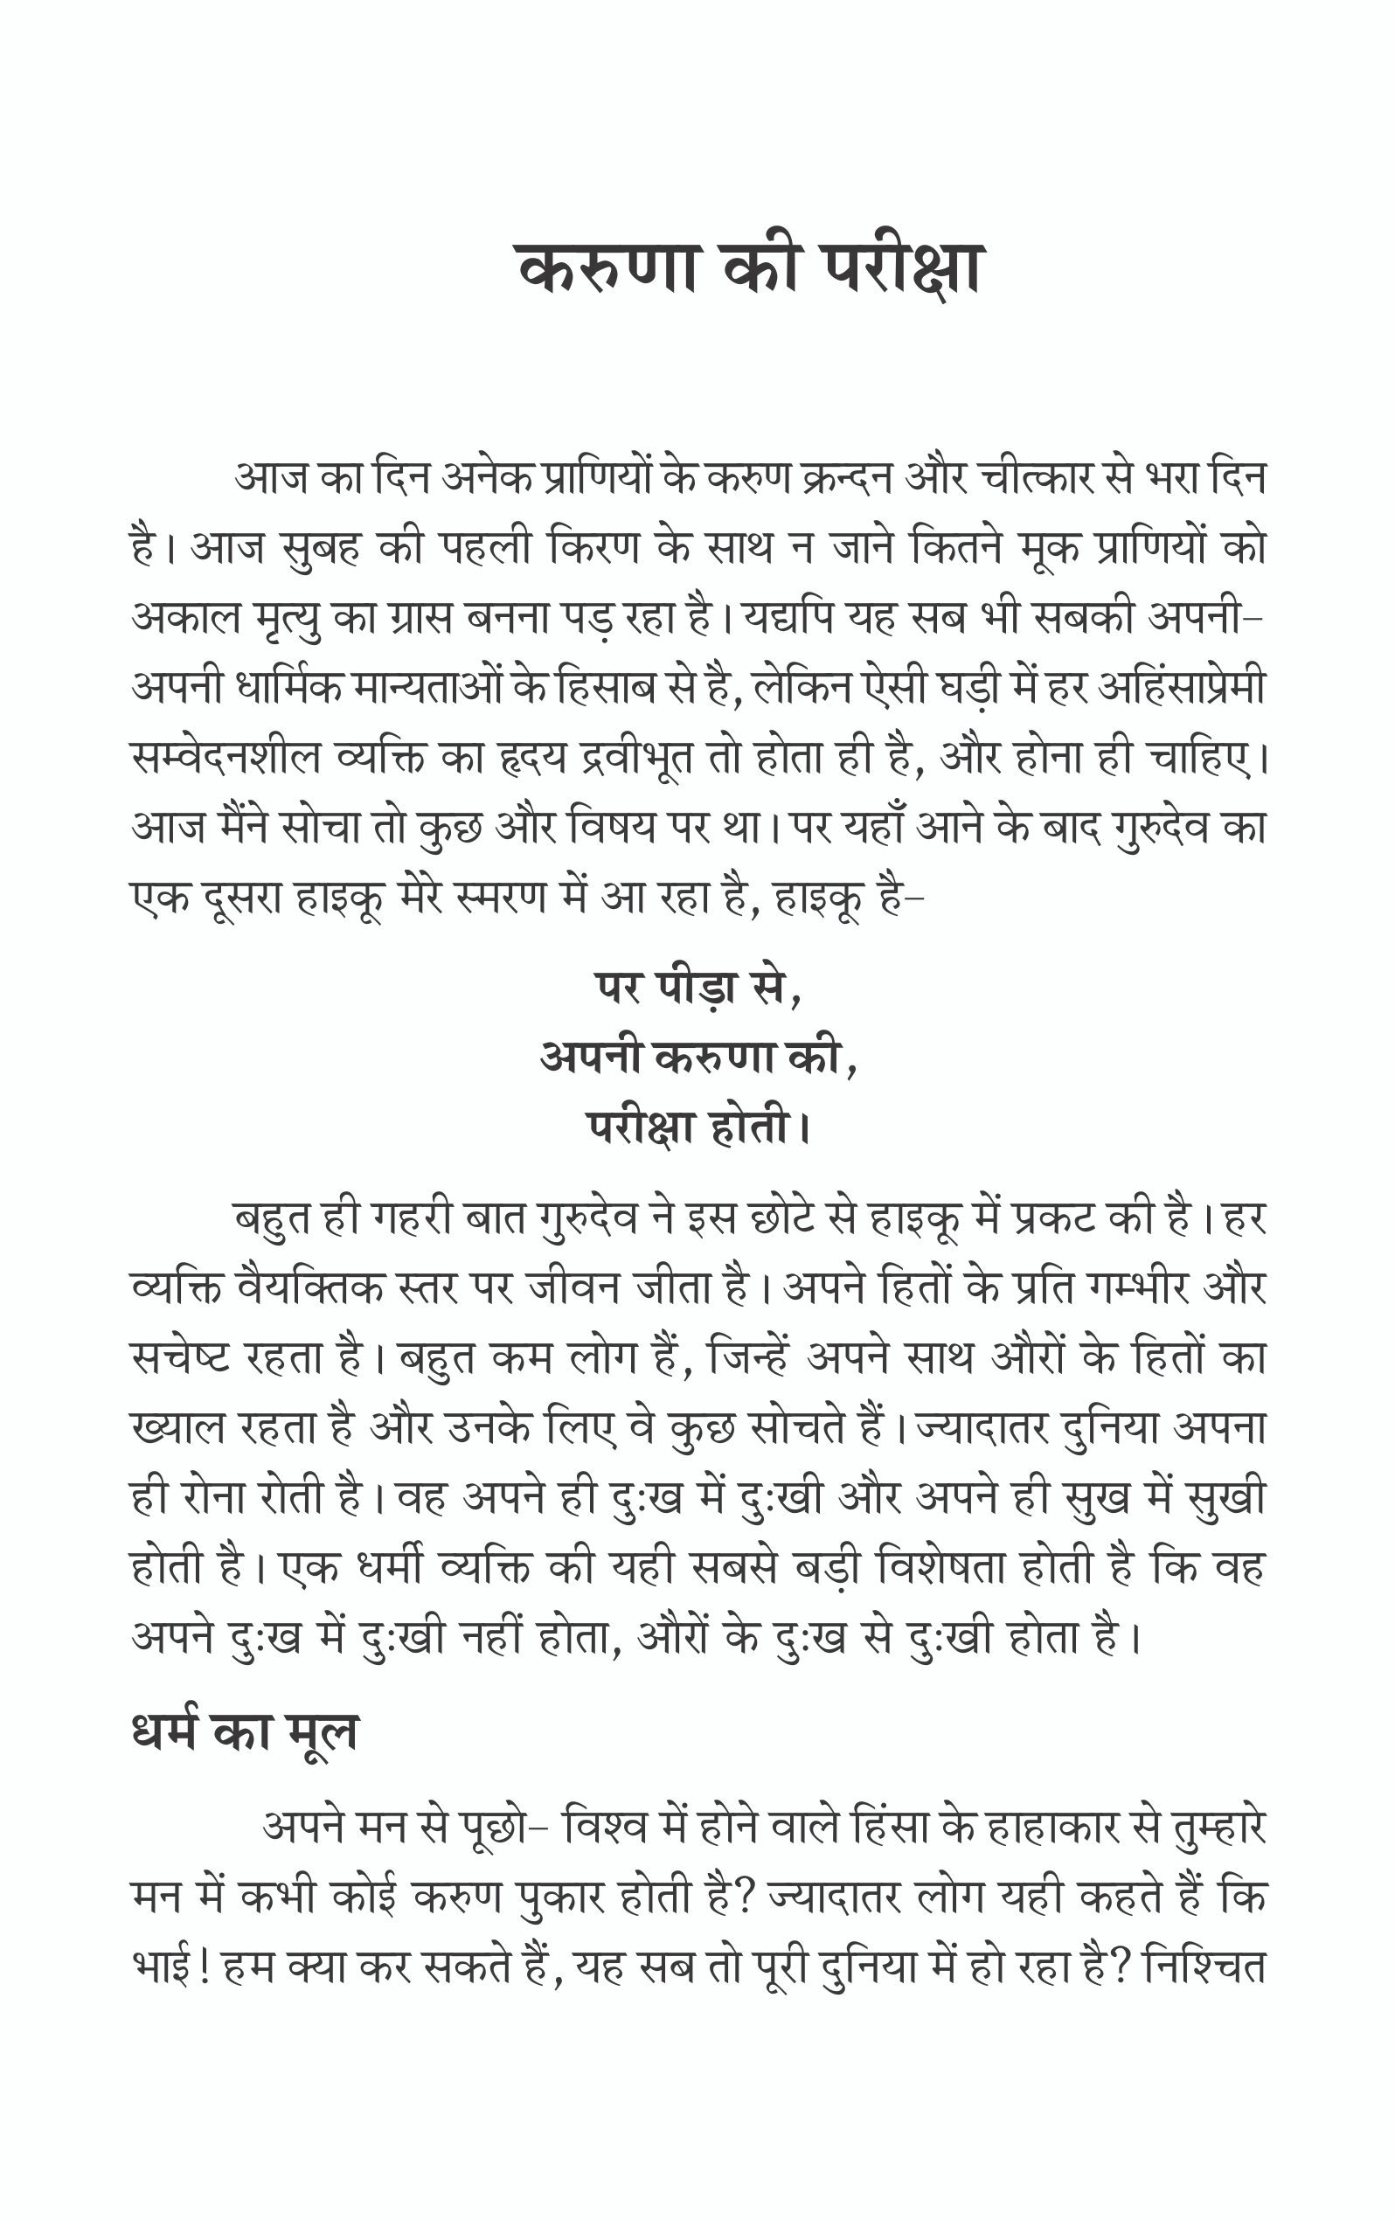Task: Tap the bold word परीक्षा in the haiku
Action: click(642, 1127)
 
